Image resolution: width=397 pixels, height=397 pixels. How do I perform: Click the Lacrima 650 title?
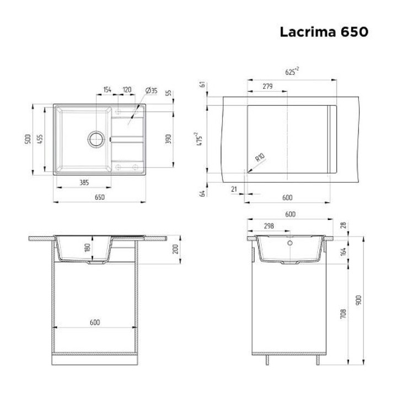click(324, 32)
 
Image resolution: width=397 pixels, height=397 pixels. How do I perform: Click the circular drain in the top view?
click(96, 140)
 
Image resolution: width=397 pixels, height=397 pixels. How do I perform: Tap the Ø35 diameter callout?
click(152, 90)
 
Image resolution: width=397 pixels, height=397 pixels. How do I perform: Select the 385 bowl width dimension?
click(84, 183)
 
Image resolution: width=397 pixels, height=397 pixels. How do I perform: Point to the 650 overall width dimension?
click(99, 197)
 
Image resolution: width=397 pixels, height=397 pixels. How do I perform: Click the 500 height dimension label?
click(28, 140)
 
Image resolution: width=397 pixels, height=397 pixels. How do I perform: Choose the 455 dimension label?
click(40, 140)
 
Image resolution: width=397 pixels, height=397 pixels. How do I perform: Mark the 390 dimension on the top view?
click(168, 139)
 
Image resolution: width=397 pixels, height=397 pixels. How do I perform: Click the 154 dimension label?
click(107, 90)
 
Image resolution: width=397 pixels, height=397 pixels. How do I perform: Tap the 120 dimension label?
click(127, 90)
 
